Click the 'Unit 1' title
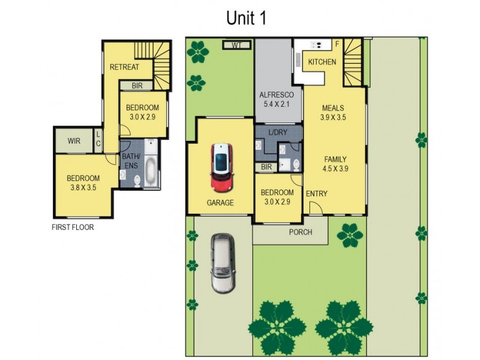click(246, 19)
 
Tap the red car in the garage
click(221, 167)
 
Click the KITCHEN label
click(322, 62)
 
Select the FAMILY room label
click(335, 160)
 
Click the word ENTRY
click(316, 194)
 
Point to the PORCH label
click(301, 232)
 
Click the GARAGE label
click(220, 203)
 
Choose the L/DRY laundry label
click(278, 132)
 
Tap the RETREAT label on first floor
click(124, 67)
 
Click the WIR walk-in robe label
click(74, 142)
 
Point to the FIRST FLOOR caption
click(73, 227)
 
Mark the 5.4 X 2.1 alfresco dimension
click(276, 105)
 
